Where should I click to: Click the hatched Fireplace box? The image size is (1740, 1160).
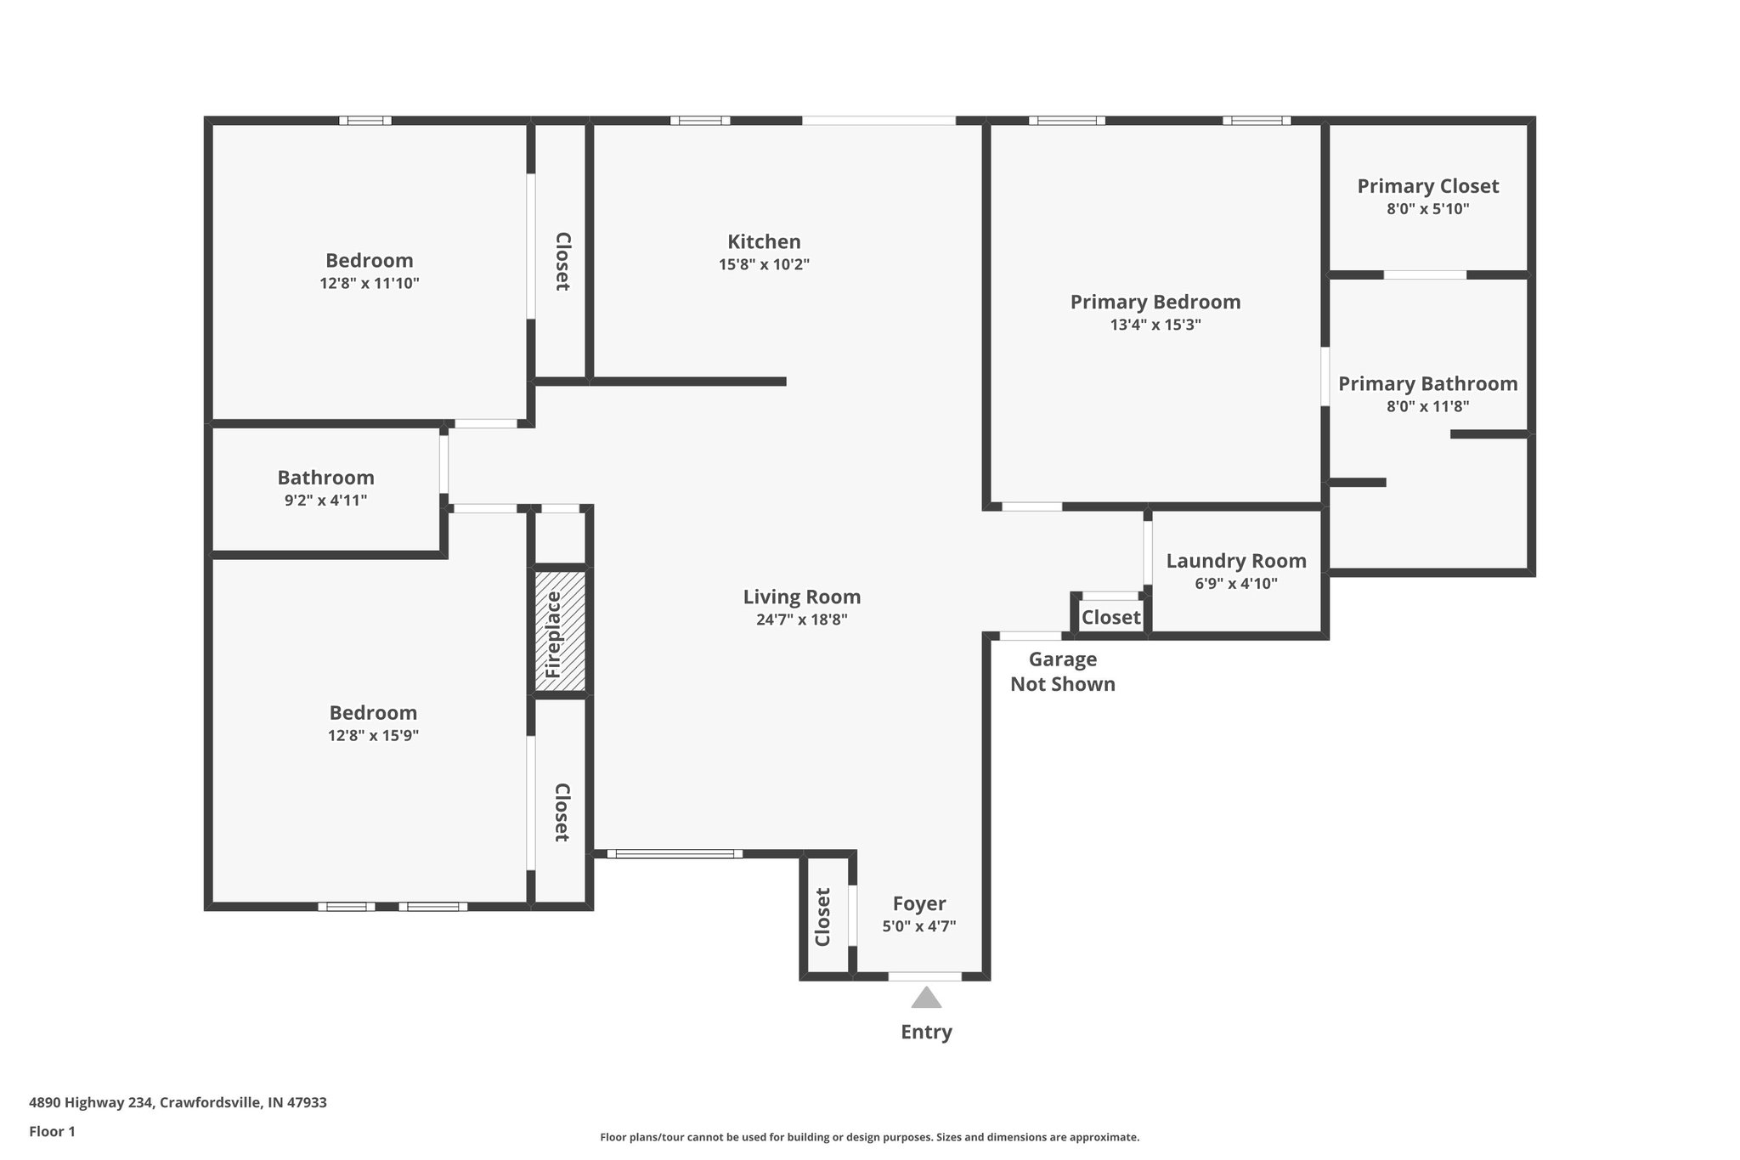click(x=560, y=630)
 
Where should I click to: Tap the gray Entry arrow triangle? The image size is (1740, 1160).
click(x=926, y=998)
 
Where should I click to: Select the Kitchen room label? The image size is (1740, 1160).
click(x=764, y=241)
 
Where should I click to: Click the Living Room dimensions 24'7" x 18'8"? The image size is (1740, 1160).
click(x=801, y=620)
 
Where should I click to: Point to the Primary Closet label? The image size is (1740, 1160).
click(x=1427, y=186)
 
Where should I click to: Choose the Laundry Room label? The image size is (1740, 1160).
click(x=1235, y=561)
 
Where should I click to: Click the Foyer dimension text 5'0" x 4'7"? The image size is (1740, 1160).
click(x=918, y=926)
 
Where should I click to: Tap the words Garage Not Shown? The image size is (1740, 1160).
click(x=1062, y=671)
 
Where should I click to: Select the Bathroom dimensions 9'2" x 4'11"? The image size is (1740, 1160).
click(x=325, y=501)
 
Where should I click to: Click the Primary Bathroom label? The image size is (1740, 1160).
click(x=1427, y=384)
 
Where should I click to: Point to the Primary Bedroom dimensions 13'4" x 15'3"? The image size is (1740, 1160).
click(x=1155, y=325)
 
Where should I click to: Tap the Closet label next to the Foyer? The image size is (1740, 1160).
click(x=822, y=917)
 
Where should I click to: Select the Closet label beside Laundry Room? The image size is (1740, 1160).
click(x=1110, y=618)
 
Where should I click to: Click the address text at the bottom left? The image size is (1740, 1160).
click(x=178, y=1103)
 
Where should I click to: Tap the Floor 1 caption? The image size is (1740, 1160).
click(x=52, y=1131)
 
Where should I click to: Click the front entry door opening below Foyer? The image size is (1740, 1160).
click(x=924, y=976)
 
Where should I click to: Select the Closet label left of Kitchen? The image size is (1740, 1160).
click(x=562, y=262)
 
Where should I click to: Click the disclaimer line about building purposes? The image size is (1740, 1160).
click(x=869, y=1137)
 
